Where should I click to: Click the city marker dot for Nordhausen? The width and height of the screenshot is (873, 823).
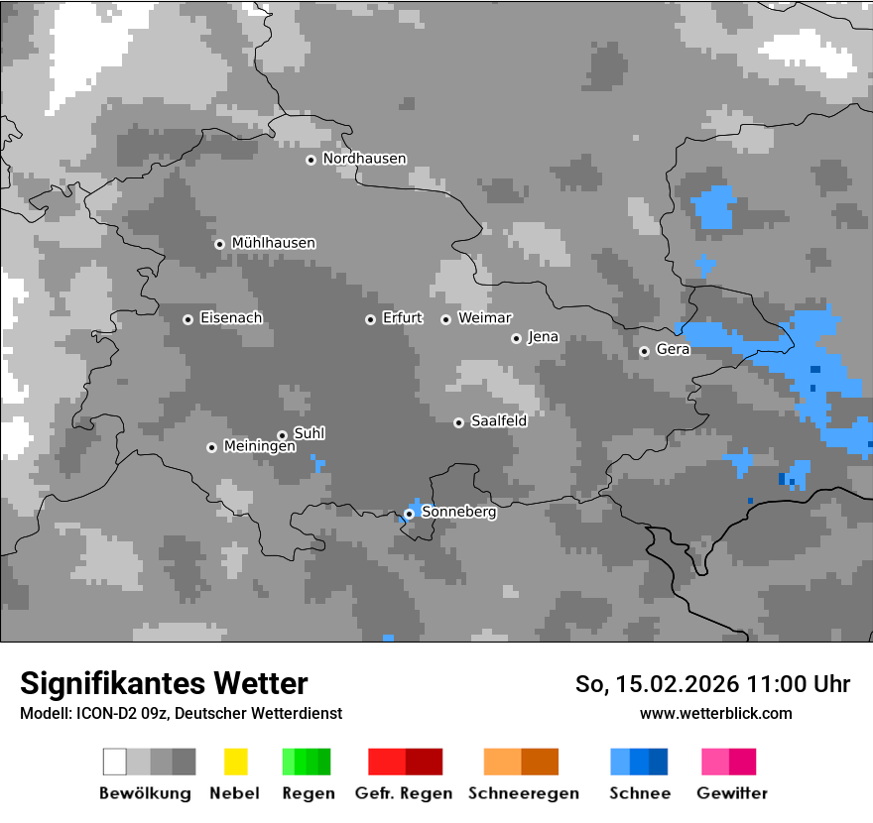311,160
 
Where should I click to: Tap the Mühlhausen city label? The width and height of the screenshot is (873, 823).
273,243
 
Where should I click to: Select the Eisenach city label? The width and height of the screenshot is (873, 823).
231,318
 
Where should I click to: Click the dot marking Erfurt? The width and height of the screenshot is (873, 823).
370,319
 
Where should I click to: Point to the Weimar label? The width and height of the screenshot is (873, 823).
484,318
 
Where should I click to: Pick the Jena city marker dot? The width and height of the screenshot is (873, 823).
516,338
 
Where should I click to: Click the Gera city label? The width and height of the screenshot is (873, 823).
673,350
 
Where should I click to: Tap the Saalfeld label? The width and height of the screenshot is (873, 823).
498,421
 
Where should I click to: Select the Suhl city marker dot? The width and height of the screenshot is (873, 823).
282,435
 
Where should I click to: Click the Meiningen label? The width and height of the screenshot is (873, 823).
259,447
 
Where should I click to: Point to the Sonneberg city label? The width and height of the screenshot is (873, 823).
458,513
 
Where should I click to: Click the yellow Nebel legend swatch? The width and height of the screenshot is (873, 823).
235,762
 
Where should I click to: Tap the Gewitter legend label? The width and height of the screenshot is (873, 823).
732,793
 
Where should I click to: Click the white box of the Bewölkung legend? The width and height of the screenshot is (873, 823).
115,762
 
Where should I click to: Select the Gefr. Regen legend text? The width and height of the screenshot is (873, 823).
404,793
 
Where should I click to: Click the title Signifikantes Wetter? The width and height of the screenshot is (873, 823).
164,683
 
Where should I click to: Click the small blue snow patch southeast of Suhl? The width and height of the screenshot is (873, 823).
317,463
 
